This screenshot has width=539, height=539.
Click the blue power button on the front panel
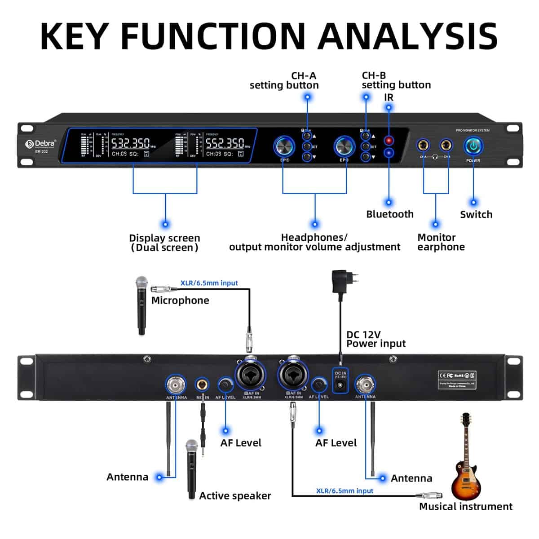pyautogui.click(x=473, y=146)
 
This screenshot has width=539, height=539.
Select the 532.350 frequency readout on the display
pyautogui.click(x=130, y=143)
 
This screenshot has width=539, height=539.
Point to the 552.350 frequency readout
pyautogui.click(x=225, y=143)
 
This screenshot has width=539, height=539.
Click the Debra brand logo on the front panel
pyautogui.click(x=41, y=144)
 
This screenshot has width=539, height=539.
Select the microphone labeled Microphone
pyautogui.click(x=142, y=305)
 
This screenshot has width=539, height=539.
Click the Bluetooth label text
pyautogui.click(x=389, y=214)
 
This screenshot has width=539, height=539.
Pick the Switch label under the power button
pyautogui.click(x=476, y=215)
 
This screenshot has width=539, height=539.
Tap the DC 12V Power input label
pyautogui.click(x=376, y=340)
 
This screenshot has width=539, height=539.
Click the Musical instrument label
pyautogui.click(x=465, y=507)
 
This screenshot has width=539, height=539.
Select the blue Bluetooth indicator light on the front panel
pyautogui.click(x=389, y=153)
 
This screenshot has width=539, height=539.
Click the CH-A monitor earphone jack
pyautogui.click(x=423, y=146)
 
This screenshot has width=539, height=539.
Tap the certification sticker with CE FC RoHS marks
pyautogui.click(x=457, y=380)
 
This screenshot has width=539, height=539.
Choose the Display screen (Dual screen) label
pyautogui.click(x=164, y=243)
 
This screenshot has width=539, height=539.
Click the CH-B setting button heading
pyautogui.click(x=396, y=80)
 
